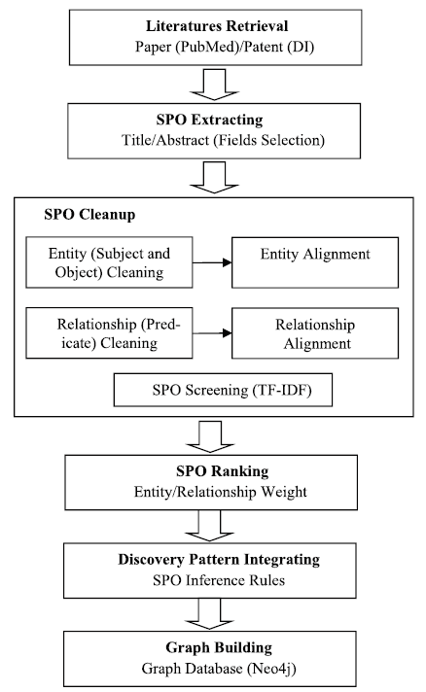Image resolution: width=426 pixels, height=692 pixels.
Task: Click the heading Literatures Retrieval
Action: click(217, 26)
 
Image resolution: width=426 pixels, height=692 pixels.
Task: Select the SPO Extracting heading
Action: click(209, 120)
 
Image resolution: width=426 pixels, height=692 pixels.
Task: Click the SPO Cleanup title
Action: click(89, 215)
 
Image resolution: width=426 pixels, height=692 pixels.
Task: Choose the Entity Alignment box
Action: click(315, 262)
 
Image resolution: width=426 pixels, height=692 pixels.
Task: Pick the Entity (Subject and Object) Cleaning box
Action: click(109, 262)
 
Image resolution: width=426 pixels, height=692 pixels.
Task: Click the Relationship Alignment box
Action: click(315, 333)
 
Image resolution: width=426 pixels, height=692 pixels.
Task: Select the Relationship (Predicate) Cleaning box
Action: click(109, 332)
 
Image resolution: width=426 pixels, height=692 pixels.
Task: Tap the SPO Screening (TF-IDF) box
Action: click(223, 390)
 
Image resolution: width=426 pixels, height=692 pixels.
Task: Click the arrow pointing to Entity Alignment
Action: click(212, 262)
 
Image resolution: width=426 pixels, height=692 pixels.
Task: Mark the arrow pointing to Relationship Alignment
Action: click(212, 333)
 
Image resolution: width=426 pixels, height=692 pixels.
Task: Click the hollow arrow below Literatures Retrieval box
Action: click(214, 85)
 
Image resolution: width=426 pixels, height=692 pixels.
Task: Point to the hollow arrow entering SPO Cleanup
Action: click(214, 178)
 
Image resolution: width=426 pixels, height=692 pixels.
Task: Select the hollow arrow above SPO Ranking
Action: click(210, 436)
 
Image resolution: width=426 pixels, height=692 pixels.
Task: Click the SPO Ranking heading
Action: click(222, 471)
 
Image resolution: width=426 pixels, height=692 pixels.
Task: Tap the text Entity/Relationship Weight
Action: click(220, 492)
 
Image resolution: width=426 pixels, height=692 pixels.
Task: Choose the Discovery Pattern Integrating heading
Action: click(219, 560)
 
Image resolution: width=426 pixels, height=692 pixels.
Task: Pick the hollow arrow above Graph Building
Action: click(209, 614)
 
